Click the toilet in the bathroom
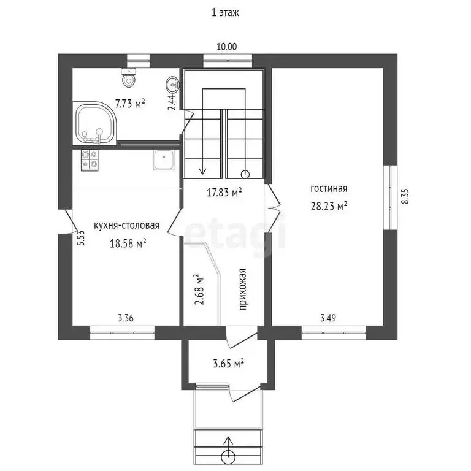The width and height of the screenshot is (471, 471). (129, 77)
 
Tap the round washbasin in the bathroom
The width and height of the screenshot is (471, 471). (172, 85)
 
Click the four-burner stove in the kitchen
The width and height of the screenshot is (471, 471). (90, 161)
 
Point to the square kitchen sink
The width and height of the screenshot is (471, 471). (164, 160)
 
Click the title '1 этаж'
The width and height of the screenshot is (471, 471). (225, 13)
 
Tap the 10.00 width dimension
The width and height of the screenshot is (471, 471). (227, 47)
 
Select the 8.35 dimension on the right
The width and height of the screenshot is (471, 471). (405, 196)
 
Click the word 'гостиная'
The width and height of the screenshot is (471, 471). (329, 188)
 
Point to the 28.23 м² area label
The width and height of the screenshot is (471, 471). (329, 206)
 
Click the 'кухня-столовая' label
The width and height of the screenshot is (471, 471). (126, 225)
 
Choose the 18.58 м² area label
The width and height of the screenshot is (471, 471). (128, 243)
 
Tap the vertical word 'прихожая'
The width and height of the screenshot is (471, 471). (243, 289)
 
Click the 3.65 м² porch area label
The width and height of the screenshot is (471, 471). (228, 364)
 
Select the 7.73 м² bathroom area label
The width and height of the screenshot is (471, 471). (130, 104)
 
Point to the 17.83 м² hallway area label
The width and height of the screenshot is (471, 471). (224, 192)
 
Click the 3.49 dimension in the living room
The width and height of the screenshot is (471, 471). (328, 318)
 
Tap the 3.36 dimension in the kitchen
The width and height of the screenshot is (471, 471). (126, 318)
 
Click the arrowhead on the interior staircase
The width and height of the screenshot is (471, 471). (203, 171)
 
